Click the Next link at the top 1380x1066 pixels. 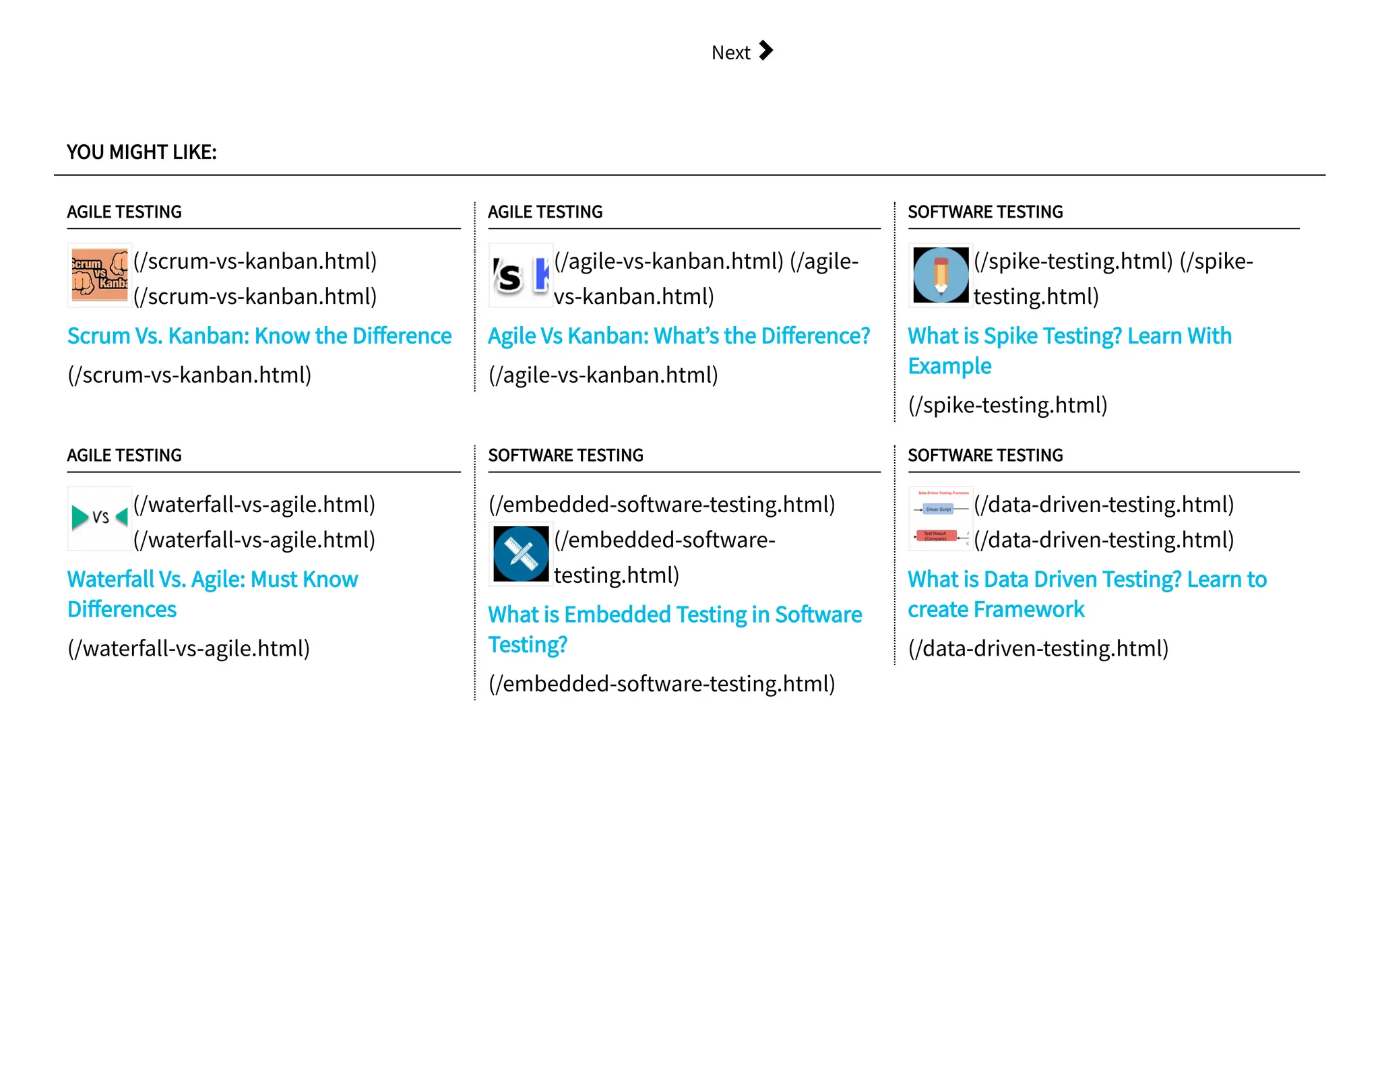[x=731, y=53]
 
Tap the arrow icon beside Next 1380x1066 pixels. [x=765, y=51]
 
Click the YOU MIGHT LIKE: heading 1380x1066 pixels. [x=142, y=152]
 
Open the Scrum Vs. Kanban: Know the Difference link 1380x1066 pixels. [x=259, y=336]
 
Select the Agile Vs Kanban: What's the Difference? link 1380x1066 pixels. [x=679, y=336]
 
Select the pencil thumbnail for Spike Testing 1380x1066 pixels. [x=941, y=275]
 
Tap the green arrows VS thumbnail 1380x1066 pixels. [x=100, y=518]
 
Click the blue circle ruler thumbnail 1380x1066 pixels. [x=520, y=554]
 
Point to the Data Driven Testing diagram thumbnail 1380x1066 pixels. [x=941, y=518]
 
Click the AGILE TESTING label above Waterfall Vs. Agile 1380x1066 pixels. [x=125, y=456]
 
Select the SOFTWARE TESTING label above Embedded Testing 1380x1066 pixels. [x=565, y=456]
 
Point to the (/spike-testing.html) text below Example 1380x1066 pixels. [x=1007, y=405]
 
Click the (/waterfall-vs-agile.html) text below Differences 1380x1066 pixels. [x=189, y=648]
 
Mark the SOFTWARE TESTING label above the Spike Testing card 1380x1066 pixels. [x=985, y=212]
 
